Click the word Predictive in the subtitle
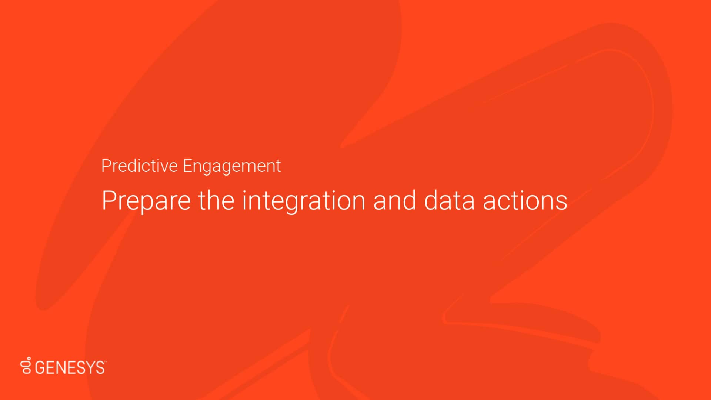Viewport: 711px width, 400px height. pyautogui.click(x=139, y=166)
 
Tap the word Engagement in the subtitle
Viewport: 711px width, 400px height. pyautogui.click(x=231, y=166)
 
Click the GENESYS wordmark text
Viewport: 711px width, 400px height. pyautogui.click(x=70, y=368)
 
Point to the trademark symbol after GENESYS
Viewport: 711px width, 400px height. pyautogui.click(x=106, y=362)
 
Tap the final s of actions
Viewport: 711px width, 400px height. pyautogui.click(x=561, y=202)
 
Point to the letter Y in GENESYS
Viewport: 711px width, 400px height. pyautogui.click(x=90, y=368)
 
